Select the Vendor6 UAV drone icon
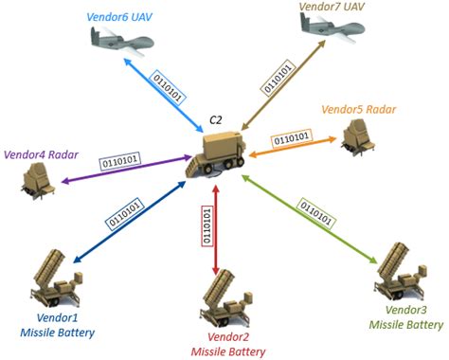[x=122, y=38]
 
